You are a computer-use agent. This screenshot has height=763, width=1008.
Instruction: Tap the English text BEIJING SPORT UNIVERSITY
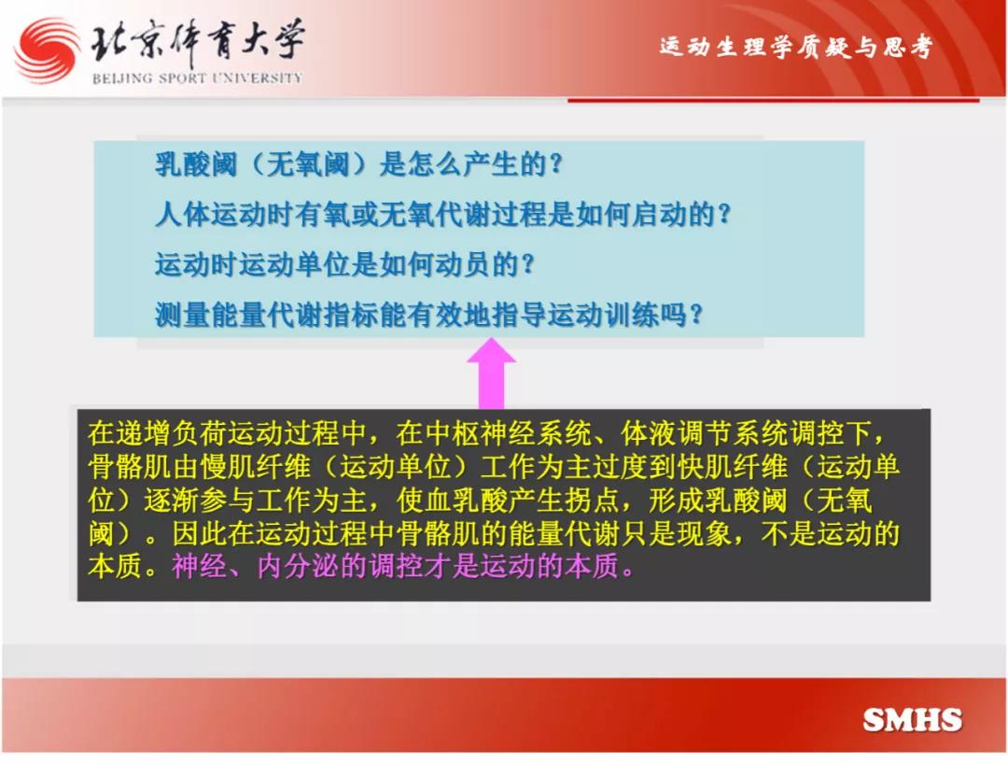coord(197,78)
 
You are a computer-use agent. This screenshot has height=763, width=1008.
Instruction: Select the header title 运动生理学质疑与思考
coord(795,47)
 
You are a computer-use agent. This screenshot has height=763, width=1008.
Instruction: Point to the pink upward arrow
coord(491,374)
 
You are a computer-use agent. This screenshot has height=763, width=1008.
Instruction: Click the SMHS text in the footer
coord(912,719)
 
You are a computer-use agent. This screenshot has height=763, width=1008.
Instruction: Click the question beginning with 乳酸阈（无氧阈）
coord(358,164)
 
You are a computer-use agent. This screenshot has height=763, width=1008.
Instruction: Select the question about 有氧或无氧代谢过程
coord(443,214)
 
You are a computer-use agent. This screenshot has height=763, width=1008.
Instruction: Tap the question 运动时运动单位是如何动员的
coord(344,264)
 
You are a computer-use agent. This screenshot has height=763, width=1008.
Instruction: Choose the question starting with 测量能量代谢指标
coord(428,315)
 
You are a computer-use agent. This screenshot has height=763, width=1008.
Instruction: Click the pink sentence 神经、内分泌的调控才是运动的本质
coord(403,566)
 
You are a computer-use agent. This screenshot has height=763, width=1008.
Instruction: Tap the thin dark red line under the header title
coord(774,100)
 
